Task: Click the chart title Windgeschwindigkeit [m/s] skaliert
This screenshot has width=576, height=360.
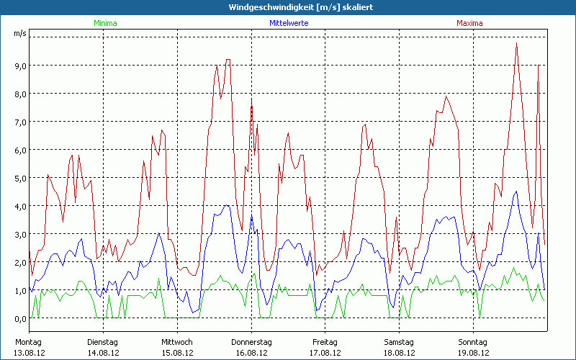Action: [288, 6]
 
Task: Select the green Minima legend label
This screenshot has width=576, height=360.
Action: [104, 23]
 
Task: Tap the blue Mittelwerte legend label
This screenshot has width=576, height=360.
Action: [289, 23]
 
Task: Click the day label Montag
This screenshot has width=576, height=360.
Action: [29, 341]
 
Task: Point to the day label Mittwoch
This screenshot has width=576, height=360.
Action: [177, 341]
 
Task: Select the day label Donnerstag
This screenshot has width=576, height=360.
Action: [251, 341]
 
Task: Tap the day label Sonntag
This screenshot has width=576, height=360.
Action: [473, 341]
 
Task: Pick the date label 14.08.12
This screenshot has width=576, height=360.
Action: [103, 353]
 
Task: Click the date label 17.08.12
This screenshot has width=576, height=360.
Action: [325, 353]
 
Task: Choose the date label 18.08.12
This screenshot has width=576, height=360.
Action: [400, 353]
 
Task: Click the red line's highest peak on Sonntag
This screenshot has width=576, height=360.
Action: [516, 44]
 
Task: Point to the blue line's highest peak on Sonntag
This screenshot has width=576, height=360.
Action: [516, 192]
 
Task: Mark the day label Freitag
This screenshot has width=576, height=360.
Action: [325, 341]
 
